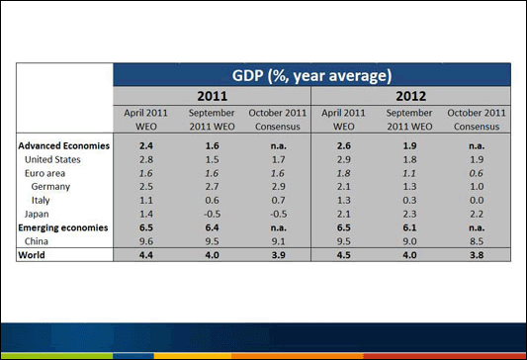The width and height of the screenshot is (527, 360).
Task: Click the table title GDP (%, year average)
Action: tap(311, 75)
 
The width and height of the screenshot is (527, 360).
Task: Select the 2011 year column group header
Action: tap(213, 97)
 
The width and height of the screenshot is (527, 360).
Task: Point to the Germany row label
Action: tap(51, 186)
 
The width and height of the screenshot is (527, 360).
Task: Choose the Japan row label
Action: tap(39, 214)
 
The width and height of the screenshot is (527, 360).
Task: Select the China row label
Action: tap(39, 240)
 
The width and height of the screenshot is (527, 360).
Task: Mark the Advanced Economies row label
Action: tap(63, 145)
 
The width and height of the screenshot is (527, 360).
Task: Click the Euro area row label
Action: tap(45, 172)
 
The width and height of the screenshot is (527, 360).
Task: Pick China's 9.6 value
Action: tap(146, 240)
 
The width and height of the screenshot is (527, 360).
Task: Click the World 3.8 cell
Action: tap(478, 254)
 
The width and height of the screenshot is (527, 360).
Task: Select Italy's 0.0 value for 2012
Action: tap(478, 200)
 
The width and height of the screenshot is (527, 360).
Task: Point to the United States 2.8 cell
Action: tap(146, 159)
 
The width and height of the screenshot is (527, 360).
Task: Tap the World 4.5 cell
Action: tap(345, 254)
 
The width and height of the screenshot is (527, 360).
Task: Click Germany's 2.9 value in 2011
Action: tap(279, 186)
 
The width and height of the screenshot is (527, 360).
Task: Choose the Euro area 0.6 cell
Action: tap(478, 172)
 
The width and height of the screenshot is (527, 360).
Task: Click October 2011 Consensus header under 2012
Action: tap(478, 120)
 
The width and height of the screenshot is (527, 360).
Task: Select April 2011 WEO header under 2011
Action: tap(146, 120)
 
